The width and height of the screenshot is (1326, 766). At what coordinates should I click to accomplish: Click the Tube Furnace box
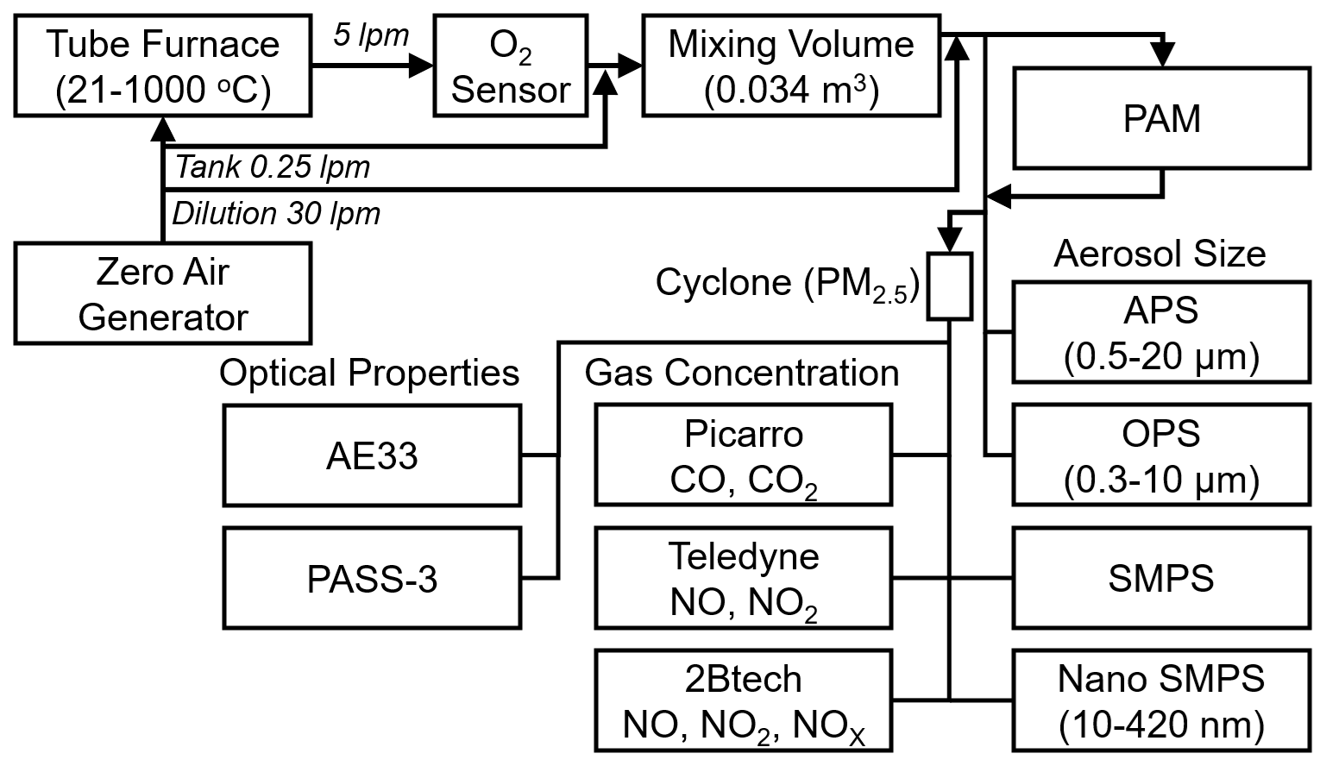(x=163, y=66)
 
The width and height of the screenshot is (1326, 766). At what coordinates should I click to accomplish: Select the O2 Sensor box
(x=511, y=66)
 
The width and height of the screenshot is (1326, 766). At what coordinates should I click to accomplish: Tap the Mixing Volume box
(x=791, y=66)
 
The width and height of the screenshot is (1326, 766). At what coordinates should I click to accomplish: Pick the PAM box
(x=1161, y=119)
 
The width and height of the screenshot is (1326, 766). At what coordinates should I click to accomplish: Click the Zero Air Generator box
(x=163, y=293)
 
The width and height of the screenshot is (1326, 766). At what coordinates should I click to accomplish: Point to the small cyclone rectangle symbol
(x=949, y=286)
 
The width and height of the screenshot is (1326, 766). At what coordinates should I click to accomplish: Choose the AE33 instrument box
(x=372, y=455)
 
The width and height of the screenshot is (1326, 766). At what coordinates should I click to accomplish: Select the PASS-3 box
(x=372, y=579)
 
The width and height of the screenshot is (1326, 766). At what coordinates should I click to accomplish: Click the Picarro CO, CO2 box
(x=743, y=455)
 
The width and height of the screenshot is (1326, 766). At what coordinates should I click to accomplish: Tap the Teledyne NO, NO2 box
(x=743, y=579)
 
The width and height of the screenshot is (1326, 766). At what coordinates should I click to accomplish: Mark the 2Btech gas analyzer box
(x=743, y=701)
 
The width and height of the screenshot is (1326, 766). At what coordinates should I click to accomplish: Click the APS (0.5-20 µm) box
(x=1161, y=332)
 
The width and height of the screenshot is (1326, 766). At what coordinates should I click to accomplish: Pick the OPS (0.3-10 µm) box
(x=1161, y=455)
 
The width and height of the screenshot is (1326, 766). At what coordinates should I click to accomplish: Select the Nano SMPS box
(x=1161, y=701)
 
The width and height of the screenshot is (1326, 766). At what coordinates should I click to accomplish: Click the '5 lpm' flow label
(x=371, y=36)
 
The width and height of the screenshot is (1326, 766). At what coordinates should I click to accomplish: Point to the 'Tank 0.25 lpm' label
(x=273, y=167)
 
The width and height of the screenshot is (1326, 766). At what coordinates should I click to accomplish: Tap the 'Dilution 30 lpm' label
(x=276, y=213)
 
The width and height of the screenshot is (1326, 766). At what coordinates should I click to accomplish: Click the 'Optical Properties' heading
(x=369, y=373)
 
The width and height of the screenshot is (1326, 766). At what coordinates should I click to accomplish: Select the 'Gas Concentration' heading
(x=742, y=373)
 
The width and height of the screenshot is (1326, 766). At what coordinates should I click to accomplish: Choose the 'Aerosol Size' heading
(x=1159, y=254)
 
